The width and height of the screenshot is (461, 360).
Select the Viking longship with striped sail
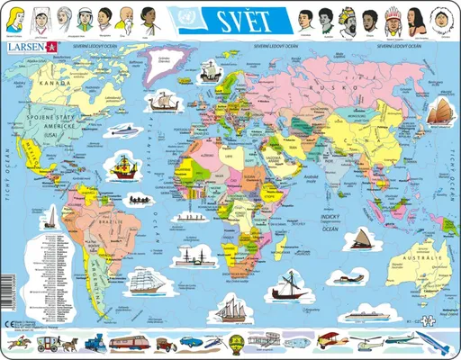pos(164,103)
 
